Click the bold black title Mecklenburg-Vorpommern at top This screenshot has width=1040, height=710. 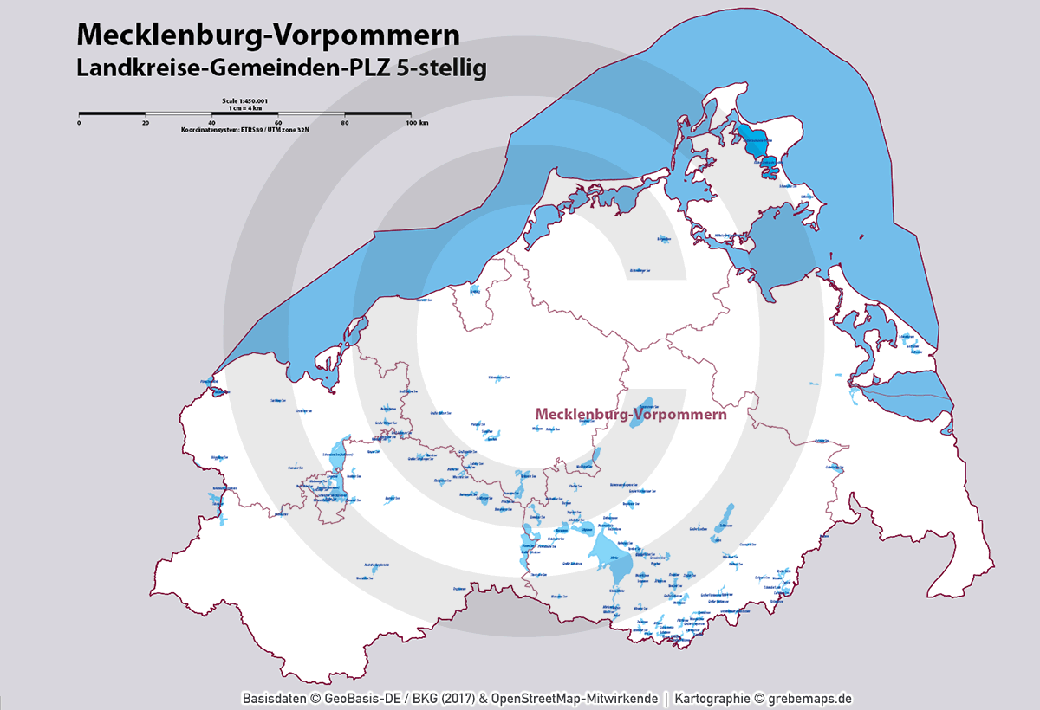pos(268,34)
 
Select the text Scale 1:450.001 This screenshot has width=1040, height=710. pos(244,101)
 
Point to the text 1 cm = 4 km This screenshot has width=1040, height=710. pos(244,107)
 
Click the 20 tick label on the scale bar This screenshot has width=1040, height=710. pos(145,123)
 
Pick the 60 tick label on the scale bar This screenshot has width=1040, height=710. pos(278,123)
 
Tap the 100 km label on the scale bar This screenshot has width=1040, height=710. pos(417,123)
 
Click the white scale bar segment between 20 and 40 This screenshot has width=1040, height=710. pos(178,113)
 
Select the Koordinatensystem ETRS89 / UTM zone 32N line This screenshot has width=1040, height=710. pos(244,129)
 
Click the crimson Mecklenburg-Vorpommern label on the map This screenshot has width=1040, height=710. pos(630,415)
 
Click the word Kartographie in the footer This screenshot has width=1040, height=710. pos(712,698)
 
